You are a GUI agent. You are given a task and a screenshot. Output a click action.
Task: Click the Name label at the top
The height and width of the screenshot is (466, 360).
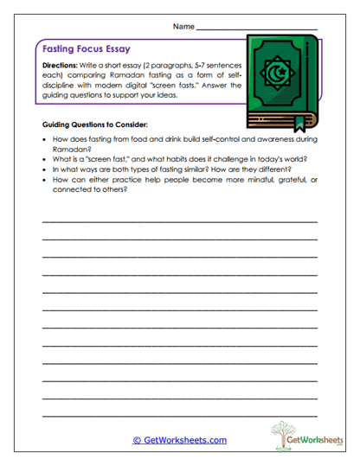click(183, 27)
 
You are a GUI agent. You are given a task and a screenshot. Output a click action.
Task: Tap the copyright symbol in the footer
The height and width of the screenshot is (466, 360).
click(137, 440)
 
